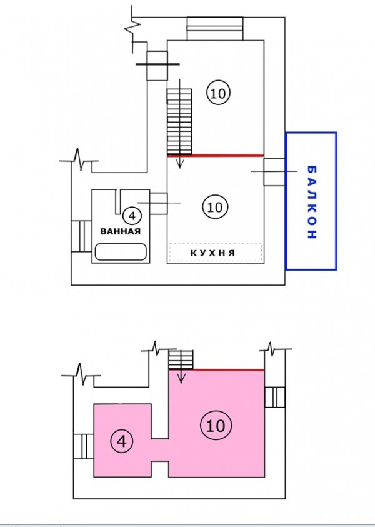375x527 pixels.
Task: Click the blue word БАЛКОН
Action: click(312, 202)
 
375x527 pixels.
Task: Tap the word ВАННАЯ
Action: click(121, 231)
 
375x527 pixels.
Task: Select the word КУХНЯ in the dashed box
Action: click(212, 253)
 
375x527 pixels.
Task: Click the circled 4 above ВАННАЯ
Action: click(132, 216)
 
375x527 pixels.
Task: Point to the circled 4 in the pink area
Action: click(122, 441)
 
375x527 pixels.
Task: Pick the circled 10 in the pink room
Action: click(216, 426)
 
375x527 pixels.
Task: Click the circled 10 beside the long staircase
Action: click(218, 93)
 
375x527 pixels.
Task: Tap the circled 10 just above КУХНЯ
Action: click(215, 207)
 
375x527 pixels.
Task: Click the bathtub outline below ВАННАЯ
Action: click(121, 252)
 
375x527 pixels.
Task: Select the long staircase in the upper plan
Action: click(179, 121)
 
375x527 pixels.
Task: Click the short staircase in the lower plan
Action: click(181, 359)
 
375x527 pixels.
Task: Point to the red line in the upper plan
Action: click(216, 155)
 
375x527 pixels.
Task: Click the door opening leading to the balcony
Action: click(274, 172)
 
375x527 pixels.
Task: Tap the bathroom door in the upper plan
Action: click(159, 203)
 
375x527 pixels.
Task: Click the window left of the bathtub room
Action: click(81, 236)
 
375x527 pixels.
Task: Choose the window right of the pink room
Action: click(275, 397)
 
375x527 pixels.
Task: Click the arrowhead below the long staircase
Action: click(180, 164)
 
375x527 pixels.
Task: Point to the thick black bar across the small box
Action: click(157, 64)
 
